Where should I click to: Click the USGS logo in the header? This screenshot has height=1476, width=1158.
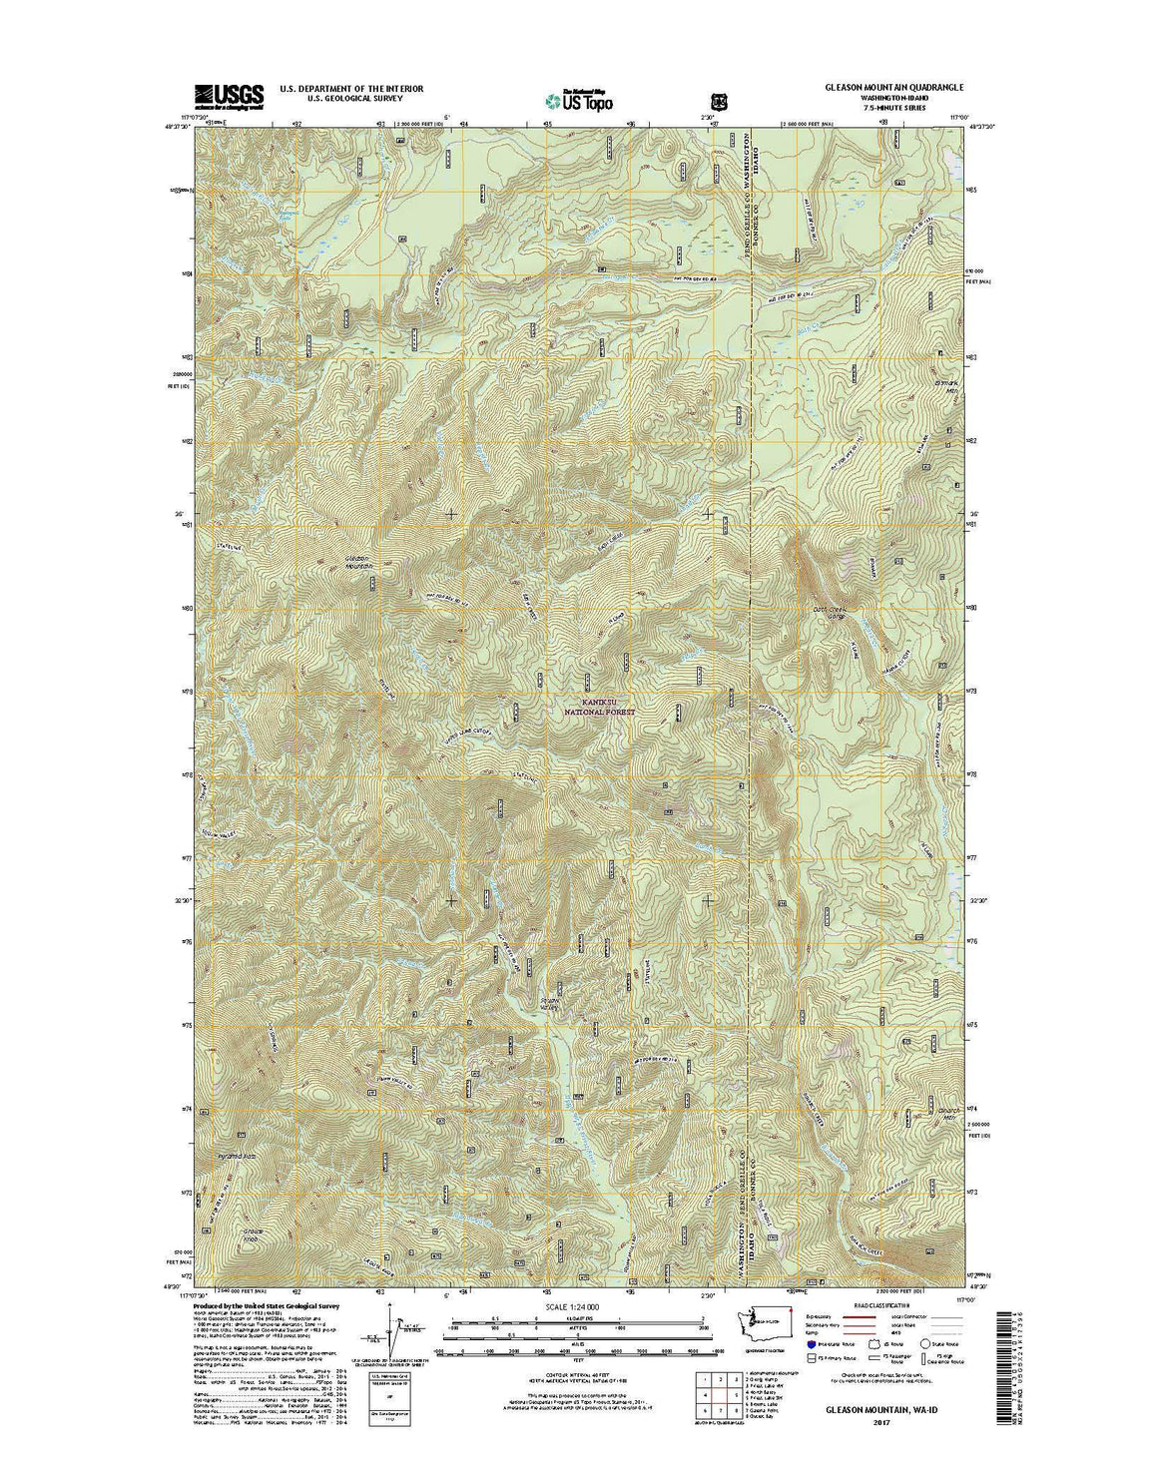(229, 95)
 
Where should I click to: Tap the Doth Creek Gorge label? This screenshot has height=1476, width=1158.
(830, 610)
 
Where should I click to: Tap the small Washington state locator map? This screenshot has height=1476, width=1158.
(764, 1321)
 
